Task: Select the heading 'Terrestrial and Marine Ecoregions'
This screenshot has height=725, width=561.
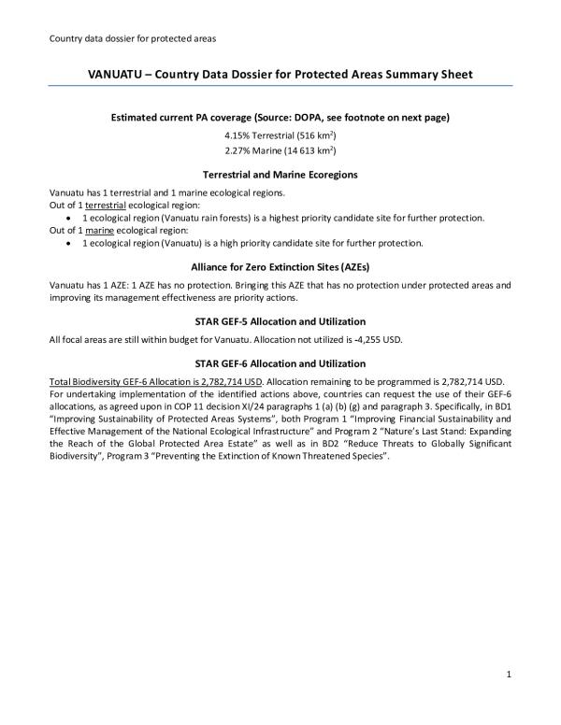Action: (280, 175)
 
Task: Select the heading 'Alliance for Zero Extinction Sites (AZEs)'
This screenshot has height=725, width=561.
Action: (280, 267)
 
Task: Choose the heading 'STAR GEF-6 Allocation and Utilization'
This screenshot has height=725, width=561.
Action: (280, 362)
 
